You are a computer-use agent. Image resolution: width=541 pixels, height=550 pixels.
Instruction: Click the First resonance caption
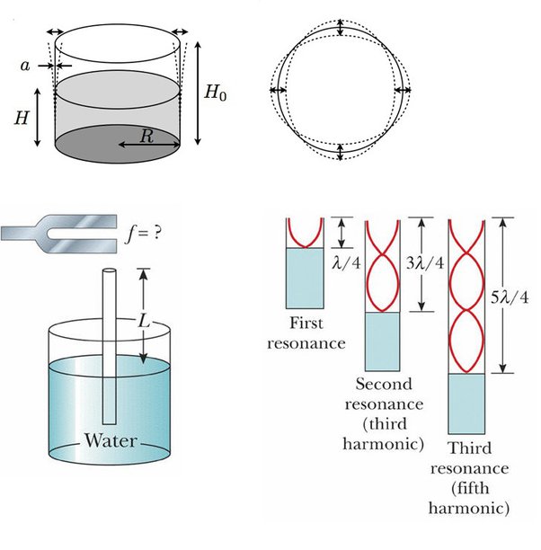tap(313, 333)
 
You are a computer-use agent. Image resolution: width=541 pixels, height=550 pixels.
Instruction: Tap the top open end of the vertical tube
tap(109, 271)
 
